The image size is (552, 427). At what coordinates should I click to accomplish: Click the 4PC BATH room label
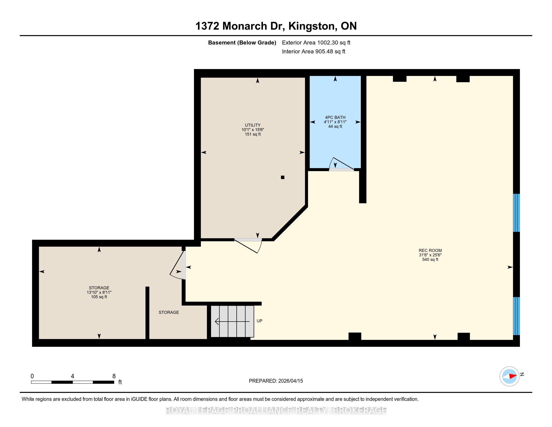(x=335, y=117)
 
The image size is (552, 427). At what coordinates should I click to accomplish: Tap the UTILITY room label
(x=252, y=125)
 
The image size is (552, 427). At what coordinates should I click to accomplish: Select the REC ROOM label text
(x=430, y=250)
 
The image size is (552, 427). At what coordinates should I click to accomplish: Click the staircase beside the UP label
(x=232, y=321)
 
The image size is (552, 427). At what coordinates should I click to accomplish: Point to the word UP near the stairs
(x=259, y=321)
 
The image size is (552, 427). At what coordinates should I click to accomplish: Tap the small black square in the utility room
(x=283, y=177)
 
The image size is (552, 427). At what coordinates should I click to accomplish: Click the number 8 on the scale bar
(x=114, y=376)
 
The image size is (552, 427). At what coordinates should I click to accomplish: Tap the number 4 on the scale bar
(x=73, y=376)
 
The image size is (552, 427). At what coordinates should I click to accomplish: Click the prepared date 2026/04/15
(x=290, y=381)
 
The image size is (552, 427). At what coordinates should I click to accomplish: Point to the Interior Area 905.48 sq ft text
(x=314, y=51)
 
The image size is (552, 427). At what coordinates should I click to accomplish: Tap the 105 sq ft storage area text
(x=99, y=297)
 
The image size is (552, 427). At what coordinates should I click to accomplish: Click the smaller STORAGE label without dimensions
(x=169, y=312)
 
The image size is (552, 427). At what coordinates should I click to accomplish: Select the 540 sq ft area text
(x=430, y=259)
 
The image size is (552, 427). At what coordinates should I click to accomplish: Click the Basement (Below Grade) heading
(x=242, y=42)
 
